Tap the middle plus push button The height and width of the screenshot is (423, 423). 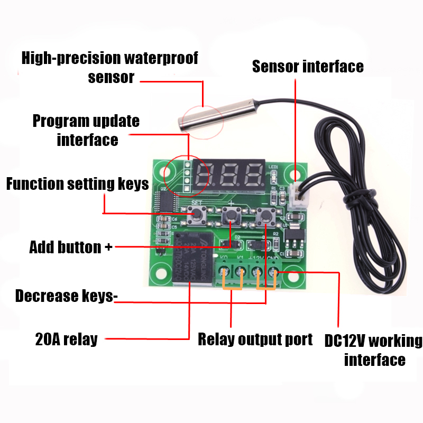point(231,215)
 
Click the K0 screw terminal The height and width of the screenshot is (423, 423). point(224,273)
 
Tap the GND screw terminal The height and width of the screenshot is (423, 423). point(273,273)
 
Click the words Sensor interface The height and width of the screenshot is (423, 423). point(308,67)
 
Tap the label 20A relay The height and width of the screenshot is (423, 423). point(67,339)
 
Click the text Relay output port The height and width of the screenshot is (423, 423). point(255,339)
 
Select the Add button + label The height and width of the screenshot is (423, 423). point(71,247)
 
